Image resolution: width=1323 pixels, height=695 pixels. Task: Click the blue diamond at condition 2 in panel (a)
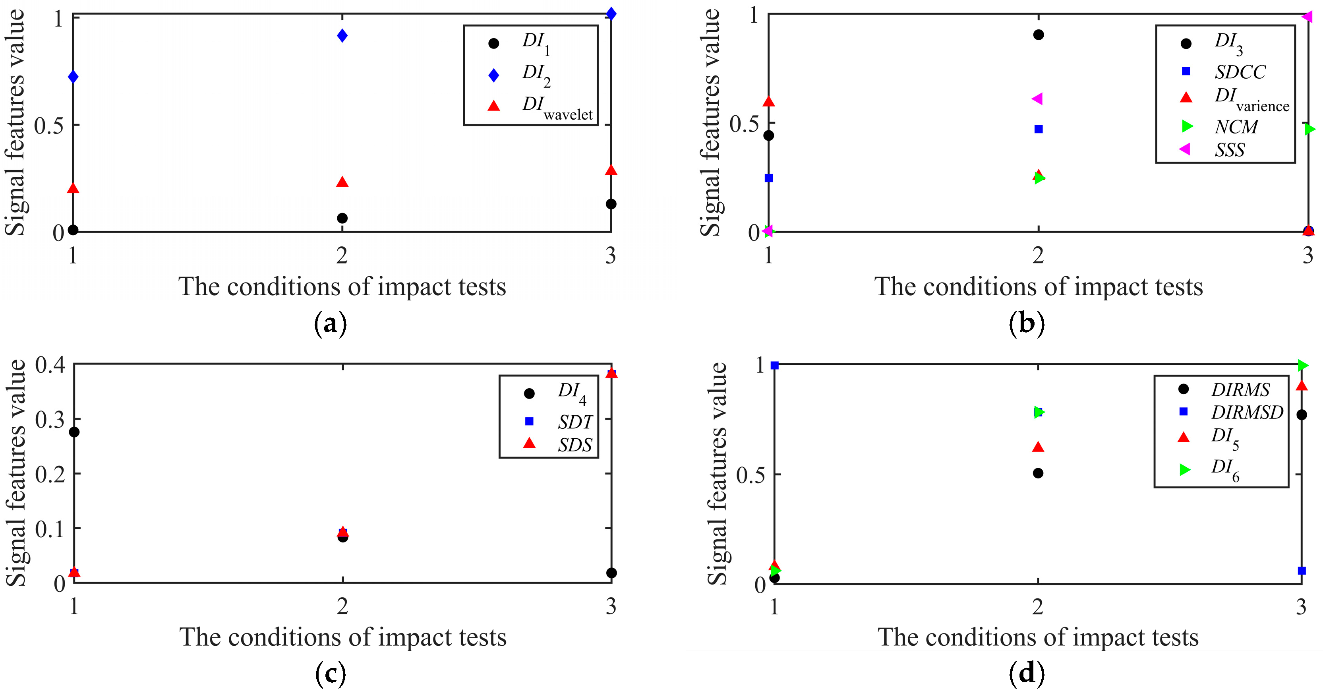(x=342, y=35)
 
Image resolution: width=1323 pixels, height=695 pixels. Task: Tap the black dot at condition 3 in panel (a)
(x=611, y=204)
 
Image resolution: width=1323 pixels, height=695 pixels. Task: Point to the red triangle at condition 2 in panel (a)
(x=342, y=182)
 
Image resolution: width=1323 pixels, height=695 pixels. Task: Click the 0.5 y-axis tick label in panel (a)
(x=49, y=125)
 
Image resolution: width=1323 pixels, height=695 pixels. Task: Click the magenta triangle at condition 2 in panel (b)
(x=1037, y=99)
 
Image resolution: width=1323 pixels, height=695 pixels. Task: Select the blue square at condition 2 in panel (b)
(x=1039, y=129)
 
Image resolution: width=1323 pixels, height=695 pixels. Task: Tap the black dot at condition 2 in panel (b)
(x=1039, y=35)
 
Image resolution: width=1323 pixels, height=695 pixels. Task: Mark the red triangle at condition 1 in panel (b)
(x=768, y=101)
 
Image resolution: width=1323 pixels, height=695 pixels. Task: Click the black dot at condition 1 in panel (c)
(x=74, y=432)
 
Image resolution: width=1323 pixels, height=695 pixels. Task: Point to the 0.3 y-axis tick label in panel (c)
(x=50, y=419)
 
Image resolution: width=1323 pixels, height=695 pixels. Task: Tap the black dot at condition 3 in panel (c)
(x=611, y=573)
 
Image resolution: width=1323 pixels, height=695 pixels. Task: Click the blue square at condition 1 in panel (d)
(x=774, y=365)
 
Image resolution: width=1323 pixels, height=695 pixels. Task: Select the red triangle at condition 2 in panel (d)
(x=1038, y=447)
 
